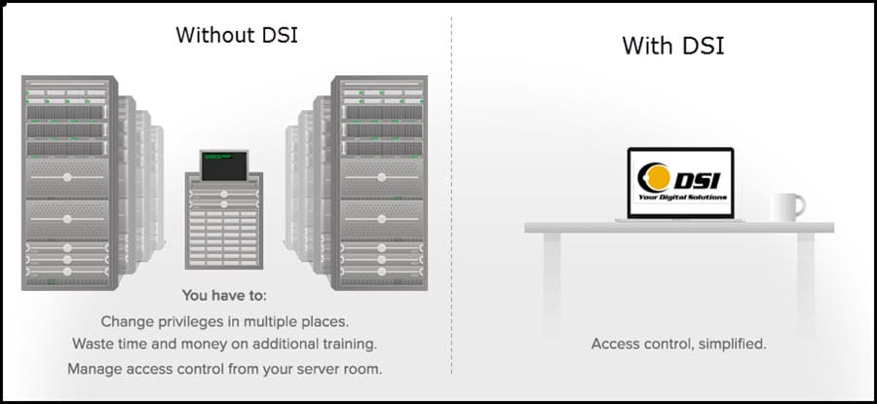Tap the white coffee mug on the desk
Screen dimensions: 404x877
786,206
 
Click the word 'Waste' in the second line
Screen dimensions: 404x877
94,344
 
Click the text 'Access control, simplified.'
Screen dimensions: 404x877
678,344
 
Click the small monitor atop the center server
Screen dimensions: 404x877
223,165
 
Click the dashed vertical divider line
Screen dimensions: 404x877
451,195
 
